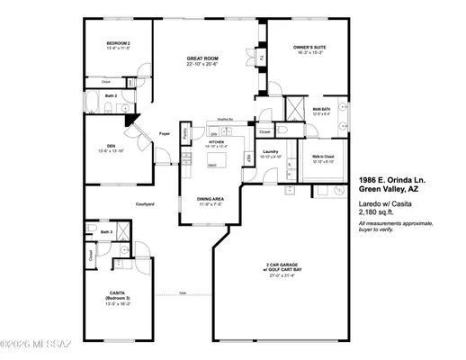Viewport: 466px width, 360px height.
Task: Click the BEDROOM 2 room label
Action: coord(119,43)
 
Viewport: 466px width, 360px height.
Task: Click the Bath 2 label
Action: coord(110,95)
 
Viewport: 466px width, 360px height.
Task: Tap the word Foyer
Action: coord(164,134)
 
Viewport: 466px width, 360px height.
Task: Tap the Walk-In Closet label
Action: coord(323,156)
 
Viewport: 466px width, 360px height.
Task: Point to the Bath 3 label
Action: coord(106,231)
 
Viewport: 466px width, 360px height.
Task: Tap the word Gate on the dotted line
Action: coord(183,293)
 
